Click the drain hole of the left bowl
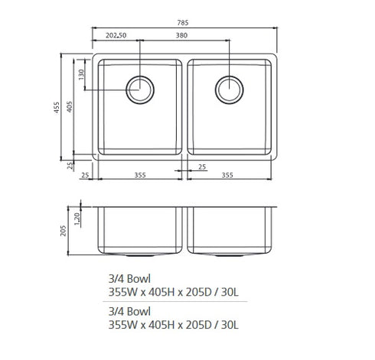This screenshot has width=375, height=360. [140, 89]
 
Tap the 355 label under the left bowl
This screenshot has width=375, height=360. [139, 175]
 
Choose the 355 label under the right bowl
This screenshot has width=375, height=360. [227, 175]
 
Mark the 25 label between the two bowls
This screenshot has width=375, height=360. [202, 167]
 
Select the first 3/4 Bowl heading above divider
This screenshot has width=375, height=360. [129, 280]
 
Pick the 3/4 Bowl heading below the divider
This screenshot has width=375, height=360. [129, 311]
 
